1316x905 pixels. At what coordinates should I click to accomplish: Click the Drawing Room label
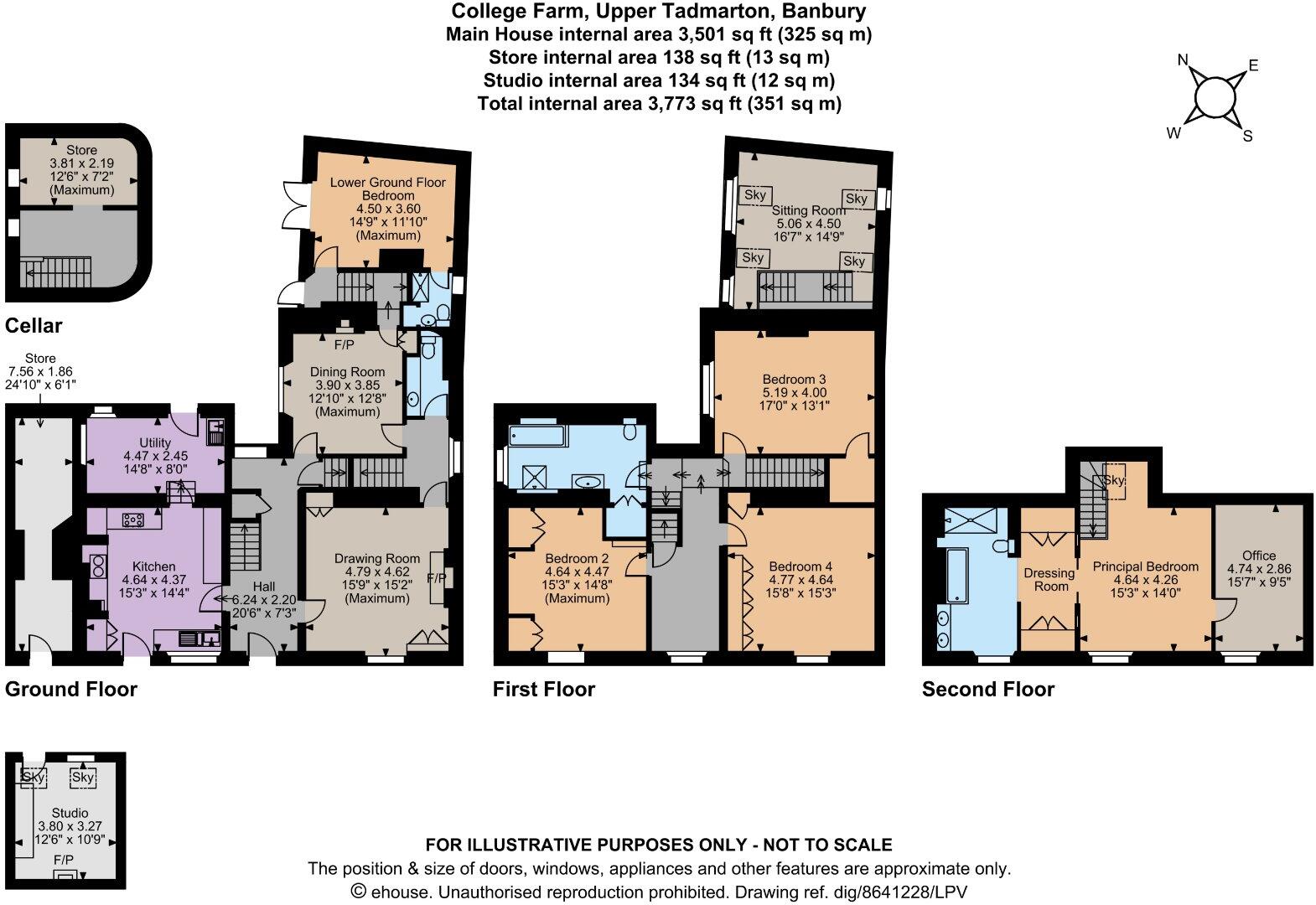[377, 559]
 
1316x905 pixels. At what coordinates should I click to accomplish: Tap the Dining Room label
[347, 372]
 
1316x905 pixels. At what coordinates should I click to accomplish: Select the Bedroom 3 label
[795, 380]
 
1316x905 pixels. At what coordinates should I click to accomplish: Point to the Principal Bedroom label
[1145, 566]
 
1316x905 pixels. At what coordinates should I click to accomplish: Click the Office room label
[1259, 555]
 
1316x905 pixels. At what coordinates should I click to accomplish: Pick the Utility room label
[155, 442]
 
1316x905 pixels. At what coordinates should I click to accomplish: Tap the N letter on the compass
[1183, 59]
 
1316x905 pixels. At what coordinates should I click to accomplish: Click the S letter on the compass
[1247, 137]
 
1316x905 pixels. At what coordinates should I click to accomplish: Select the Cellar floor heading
[34, 325]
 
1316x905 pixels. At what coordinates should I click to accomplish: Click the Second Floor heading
[988, 689]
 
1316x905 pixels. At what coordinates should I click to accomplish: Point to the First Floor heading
[544, 689]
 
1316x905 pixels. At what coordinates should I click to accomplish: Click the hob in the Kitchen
[133, 520]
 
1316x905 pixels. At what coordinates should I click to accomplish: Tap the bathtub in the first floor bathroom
[537, 436]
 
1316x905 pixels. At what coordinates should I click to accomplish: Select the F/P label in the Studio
[64, 860]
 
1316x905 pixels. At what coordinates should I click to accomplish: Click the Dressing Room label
[1049, 580]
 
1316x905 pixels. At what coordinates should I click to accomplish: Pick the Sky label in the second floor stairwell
[1114, 480]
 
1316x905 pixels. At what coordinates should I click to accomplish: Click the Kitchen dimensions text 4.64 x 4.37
[154, 580]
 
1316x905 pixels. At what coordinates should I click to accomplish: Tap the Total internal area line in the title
[659, 104]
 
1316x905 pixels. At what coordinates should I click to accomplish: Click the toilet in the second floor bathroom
[1003, 546]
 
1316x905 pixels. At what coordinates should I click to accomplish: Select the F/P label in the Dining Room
[345, 345]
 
